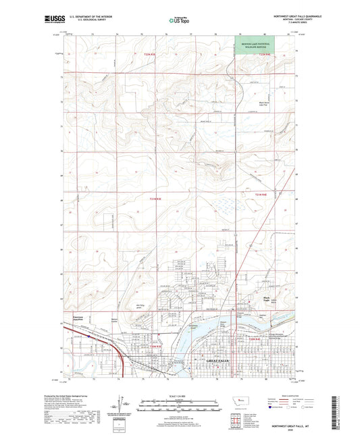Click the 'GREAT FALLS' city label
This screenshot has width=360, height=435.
coord(219,361)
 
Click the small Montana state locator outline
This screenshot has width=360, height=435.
coord(238,402)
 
